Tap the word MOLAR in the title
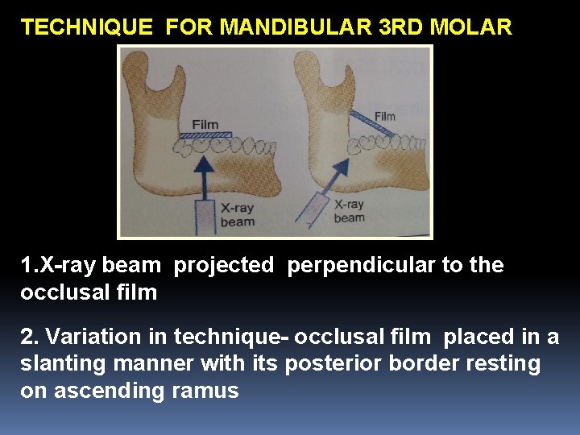(471, 27)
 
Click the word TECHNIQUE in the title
(86, 27)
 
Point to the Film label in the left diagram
(205, 125)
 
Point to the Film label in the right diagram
(384, 116)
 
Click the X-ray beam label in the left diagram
(238, 214)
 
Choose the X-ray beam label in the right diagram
(349, 211)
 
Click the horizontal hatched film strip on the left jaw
(205, 135)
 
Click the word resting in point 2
(496, 364)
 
